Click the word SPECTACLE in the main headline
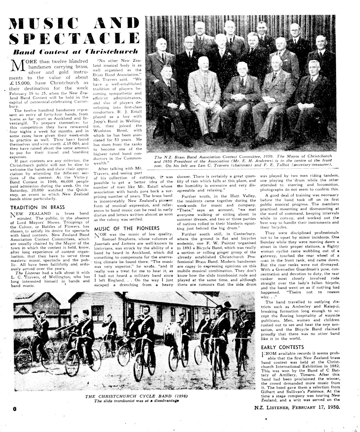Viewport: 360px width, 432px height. (74, 38)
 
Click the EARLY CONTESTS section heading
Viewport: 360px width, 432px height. (282, 347)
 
